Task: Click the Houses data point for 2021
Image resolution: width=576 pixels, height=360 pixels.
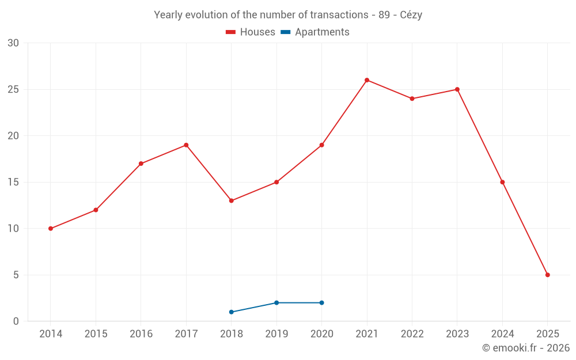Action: (x=367, y=80)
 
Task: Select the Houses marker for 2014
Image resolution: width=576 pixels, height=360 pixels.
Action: (x=51, y=229)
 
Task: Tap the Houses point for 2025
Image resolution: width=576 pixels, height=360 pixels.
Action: (x=547, y=275)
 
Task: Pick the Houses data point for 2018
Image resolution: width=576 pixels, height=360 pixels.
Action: (x=232, y=200)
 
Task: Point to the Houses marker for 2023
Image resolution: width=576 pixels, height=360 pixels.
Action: (x=457, y=89)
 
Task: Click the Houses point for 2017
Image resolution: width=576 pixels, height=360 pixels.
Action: (x=186, y=145)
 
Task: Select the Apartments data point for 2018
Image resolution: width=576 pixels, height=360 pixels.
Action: (x=232, y=312)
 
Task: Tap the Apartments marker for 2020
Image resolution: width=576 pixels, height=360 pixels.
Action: (x=321, y=302)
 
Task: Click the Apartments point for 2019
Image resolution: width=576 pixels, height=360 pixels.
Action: (x=276, y=302)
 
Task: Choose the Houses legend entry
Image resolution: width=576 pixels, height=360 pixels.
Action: (x=251, y=32)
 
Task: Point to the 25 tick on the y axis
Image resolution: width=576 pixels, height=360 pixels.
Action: (x=13, y=89)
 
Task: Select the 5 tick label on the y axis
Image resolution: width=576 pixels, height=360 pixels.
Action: (x=16, y=275)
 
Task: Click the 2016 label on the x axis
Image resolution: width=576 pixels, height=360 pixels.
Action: (x=141, y=334)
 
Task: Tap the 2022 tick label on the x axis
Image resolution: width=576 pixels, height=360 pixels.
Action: (x=412, y=334)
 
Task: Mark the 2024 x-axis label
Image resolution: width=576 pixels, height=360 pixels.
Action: (x=502, y=334)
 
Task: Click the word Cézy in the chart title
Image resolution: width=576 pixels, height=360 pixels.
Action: (x=411, y=15)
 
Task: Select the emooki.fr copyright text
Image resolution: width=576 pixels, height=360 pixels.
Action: (x=526, y=348)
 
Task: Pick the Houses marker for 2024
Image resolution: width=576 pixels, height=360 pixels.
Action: (x=502, y=182)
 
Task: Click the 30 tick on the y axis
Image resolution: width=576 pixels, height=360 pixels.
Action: (x=13, y=43)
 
